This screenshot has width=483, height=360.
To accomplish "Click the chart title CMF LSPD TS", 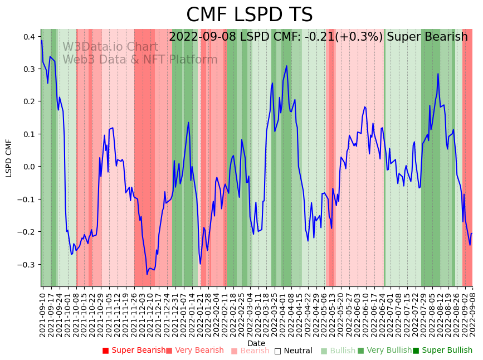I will coord(249,15).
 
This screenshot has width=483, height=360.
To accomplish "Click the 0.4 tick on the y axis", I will coord(28,37).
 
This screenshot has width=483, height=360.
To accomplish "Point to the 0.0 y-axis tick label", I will coord(28,167).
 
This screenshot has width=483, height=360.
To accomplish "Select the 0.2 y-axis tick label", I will coord(28,102).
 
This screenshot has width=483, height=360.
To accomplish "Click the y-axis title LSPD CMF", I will coord(9,158).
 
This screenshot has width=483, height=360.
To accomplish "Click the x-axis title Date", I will coord(256,343).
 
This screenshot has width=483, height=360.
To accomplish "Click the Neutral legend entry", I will coord(297,351).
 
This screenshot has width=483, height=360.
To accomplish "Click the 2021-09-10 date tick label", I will coord(42,313).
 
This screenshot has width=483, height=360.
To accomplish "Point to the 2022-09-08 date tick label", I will coord(473,313).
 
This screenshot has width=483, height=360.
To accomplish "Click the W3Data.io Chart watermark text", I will coord(110,47).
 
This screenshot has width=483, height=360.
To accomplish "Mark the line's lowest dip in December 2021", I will coord(147,274).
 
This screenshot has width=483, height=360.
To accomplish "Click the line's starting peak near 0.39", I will coord(41,40).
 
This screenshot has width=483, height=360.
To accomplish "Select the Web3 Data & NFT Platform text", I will coord(140,60).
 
